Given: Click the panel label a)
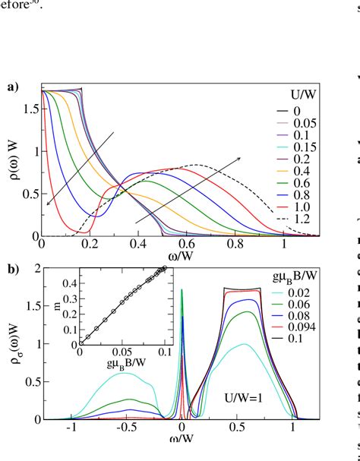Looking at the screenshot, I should [x=13, y=87].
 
